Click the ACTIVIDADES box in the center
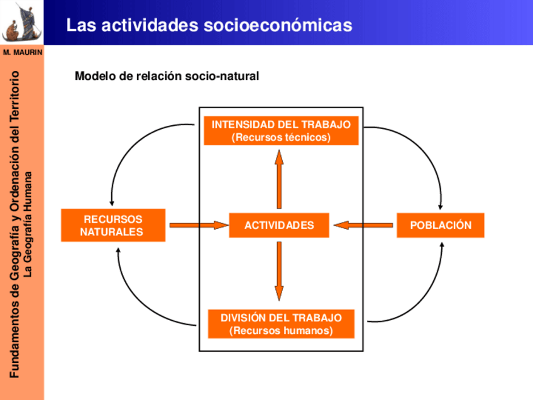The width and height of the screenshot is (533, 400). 278,225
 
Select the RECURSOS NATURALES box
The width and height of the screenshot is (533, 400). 113,225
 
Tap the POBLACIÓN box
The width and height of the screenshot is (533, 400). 440,225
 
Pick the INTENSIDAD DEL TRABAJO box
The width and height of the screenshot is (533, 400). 281,131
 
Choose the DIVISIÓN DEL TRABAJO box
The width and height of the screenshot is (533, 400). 281,324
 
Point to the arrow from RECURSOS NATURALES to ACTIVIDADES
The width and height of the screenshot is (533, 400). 197,225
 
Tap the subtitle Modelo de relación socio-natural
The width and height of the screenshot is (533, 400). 167,77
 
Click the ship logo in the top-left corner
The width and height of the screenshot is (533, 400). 21,23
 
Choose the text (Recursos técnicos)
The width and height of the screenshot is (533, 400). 281,137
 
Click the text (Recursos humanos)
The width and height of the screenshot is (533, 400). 281,331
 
